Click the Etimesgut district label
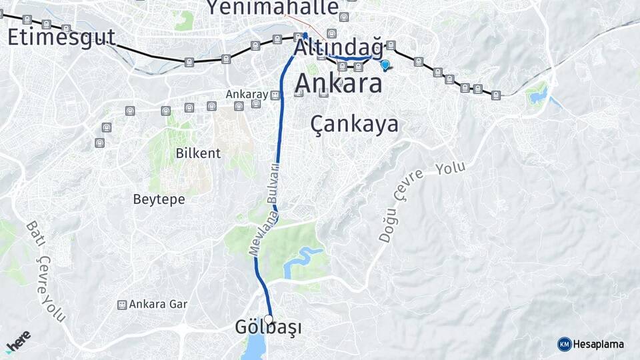(61, 37)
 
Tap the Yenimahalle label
(272, 8)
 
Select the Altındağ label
(339, 48)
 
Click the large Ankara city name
(338, 83)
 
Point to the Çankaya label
(355, 124)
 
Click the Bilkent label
(198, 153)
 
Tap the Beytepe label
(159, 199)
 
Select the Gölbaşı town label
(268, 328)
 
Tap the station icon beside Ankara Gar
(122, 305)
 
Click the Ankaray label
(246, 95)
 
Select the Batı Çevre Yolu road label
(45, 271)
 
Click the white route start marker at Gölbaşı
(269, 319)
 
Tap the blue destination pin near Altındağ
(385, 65)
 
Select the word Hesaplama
(599, 344)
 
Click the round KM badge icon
(564, 344)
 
